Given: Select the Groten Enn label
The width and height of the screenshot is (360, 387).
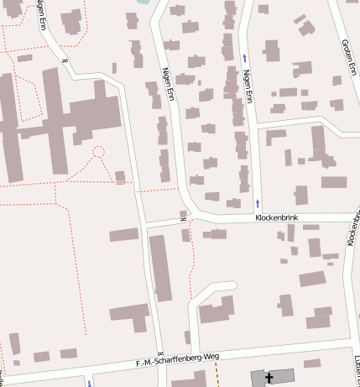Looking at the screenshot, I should (348, 56).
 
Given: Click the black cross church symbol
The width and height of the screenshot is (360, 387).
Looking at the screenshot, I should (269, 379).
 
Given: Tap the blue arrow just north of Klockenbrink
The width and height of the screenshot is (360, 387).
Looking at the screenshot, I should (258, 203).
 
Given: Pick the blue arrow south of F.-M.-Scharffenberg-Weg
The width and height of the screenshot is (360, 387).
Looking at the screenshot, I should (88, 383).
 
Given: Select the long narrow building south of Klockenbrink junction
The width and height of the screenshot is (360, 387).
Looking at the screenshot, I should (160, 267).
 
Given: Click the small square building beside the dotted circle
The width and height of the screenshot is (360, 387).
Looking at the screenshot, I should (121, 176).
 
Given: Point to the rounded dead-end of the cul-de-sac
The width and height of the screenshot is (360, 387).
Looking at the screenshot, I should (227, 287).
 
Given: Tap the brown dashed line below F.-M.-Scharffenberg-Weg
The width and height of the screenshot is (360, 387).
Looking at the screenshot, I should (217, 373).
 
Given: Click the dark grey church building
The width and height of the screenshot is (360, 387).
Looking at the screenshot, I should (273, 377).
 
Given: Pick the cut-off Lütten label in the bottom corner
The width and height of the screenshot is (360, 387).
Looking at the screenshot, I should (357, 363).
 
